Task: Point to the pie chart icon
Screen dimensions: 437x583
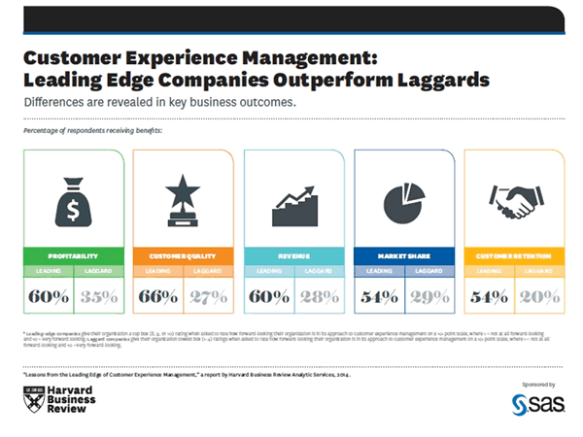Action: click(x=402, y=200)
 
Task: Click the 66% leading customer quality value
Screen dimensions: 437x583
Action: click(x=157, y=296)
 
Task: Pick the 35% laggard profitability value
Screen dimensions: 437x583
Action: click(x=97, y=296)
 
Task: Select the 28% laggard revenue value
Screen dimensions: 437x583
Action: click(x=319, y=296)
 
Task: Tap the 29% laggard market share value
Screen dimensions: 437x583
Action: click(x=429, y=296)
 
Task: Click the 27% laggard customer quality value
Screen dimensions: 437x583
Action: click(x=208, y=296)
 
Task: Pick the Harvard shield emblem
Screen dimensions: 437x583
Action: click(x=32, y=397)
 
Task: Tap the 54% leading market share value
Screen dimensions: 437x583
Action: click(x=378, y=296)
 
